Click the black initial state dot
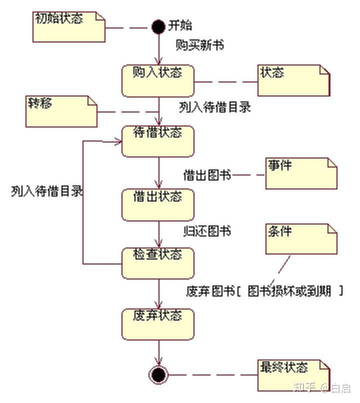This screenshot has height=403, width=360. (x=158, y=26)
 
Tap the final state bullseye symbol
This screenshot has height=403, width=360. (x=158, y=374)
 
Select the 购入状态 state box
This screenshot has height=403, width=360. (x=157, y=80)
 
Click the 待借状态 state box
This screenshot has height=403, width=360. (x=157, y=140)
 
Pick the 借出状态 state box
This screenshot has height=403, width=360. (x=157, y=204)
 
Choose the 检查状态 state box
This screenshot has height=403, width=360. (x=157, y=262)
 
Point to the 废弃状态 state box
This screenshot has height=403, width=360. (x=157, y=324)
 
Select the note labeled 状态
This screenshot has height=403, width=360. (x=293, y=80)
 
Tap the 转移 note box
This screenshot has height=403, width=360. (x=61, y=111)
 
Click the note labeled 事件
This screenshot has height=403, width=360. (x=301, y=173)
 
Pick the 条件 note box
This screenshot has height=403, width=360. (x=301, y=239)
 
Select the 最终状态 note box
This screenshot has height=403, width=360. (x=293, y=375)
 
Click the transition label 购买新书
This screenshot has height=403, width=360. (x=199, y=45)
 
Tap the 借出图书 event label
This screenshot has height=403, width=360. (x=207, y=175)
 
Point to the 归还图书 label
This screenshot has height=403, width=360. (x=207, y=231)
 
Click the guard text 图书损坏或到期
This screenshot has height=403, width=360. (x=289, y=291)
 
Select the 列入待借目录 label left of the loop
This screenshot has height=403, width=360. (x=47, y=191)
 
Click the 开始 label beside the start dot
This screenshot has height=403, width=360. (x=179, y=25)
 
